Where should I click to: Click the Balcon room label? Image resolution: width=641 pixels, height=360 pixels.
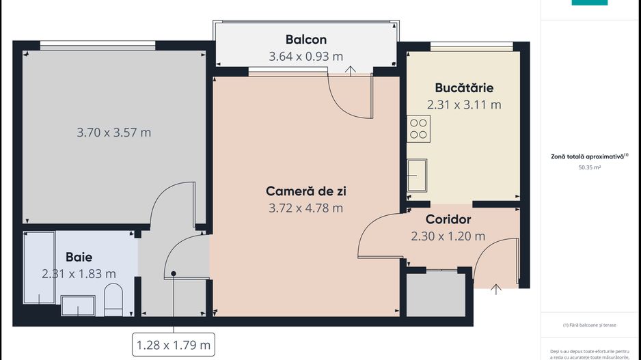(305, 40)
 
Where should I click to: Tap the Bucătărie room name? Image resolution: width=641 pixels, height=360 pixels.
(464, 88)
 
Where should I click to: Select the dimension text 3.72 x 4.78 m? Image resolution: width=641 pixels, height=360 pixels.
(305, 208)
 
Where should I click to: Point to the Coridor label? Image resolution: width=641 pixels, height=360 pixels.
(448, 220)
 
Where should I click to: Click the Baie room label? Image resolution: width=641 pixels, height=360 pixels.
(79, 258)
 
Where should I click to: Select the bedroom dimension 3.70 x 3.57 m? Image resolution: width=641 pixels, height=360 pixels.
(113, 133)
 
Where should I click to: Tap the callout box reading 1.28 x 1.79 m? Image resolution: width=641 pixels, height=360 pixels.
(174, 344)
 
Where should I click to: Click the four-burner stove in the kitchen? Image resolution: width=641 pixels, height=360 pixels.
(419, 128)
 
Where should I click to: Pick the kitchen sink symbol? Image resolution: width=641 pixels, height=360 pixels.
(417, 175)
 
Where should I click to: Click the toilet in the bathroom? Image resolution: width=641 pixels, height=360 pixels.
(113, 301)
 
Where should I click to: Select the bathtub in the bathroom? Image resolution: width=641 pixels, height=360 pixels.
(39, 268)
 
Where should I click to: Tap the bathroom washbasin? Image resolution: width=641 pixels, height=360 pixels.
(78, 305)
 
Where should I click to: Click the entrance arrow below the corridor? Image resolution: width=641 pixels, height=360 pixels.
(496, 289)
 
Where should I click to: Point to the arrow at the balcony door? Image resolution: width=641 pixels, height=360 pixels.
(351, 70)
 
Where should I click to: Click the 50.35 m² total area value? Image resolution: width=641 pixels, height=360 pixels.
(589, 166)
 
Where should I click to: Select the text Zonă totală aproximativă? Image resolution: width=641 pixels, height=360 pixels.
(588, 156)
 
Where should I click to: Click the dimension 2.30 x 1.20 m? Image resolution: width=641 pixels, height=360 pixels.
(448, 236)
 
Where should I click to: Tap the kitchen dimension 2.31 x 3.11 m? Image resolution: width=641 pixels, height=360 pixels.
(464, 105)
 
